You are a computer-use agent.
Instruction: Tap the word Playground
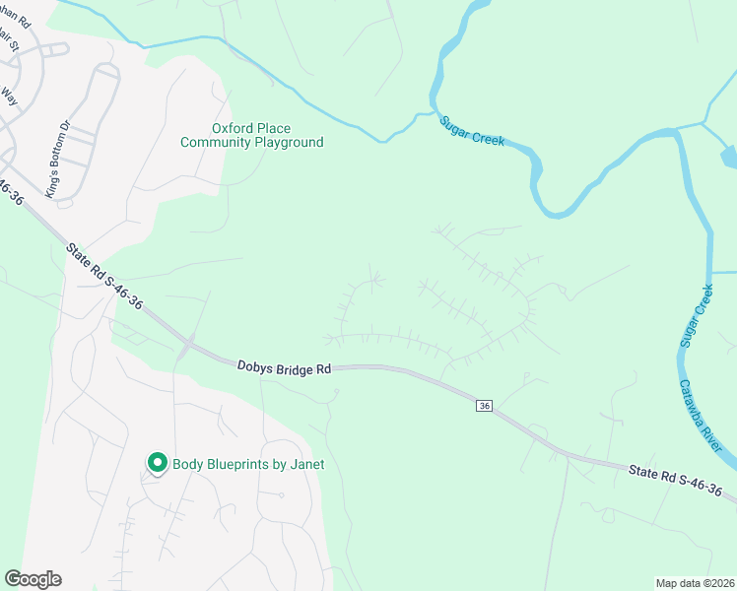coord(289,143)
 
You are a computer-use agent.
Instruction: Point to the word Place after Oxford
coord(274,128)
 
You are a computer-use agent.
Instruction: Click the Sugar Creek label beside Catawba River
coord(696,316)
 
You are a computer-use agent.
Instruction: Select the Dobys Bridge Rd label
coord(284,366)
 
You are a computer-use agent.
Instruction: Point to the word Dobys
coord(253,365)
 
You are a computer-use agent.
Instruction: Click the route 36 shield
coord(484,406)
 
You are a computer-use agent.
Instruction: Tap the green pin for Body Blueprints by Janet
coord(156,462)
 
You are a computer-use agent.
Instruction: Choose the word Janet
coord(304,464)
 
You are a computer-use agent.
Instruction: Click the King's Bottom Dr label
coord(66,160)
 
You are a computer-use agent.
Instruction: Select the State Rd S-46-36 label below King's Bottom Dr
coord(104,276)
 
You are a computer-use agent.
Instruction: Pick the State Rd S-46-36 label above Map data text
coord(675,483)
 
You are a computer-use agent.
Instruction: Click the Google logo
coord(33,579)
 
